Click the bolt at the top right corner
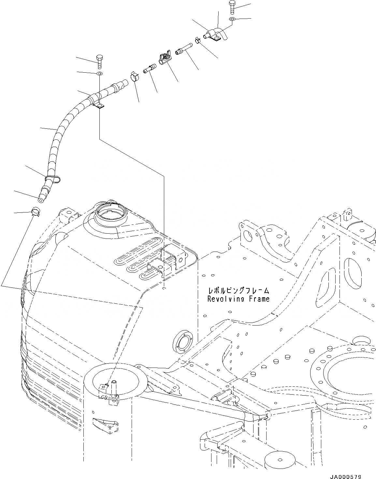click(232, 7)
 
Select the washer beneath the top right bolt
click(232, 20)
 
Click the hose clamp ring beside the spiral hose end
click(134, 76)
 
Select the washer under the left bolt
click(100, 73)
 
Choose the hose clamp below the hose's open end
click(36, 211)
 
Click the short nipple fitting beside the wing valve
click(150, 69)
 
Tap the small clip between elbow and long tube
click(197, 40)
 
